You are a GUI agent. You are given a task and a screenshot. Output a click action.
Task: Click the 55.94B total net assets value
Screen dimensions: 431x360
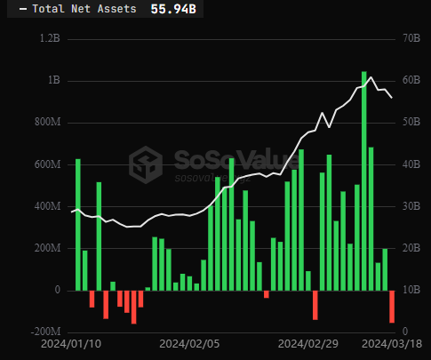[x=173, y=9]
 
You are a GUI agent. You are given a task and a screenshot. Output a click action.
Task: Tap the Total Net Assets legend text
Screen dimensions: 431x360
[x=84, y=9]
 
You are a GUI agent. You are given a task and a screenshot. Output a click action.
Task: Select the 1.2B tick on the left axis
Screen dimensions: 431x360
[x=50, y=38]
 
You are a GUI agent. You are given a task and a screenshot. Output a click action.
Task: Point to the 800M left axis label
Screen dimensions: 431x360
[x=48, y=122]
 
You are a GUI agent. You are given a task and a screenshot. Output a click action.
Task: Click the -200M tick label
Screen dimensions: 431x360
[x=46, y=332]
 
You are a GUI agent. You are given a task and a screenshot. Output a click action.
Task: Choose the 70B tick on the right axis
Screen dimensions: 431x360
[x=411, y=38]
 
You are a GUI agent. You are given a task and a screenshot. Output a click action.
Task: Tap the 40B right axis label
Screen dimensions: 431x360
[x=411, y=164]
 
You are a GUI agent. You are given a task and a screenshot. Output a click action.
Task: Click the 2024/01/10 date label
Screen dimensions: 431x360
[x=71, y=344]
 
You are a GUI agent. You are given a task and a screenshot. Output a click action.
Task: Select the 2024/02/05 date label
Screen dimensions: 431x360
[x=189, y=344]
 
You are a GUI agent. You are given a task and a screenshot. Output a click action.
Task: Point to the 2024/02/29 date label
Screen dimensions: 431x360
[x=308, y=344]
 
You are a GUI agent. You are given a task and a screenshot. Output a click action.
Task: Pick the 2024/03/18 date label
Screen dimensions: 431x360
[x=392, y=344]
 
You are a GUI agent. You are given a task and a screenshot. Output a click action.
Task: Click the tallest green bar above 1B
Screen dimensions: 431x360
[x=364, y=180]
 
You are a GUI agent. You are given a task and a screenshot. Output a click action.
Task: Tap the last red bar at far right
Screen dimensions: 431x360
[x=392, y=307]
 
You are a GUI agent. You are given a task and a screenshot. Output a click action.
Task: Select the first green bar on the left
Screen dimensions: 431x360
[x=78, y=225]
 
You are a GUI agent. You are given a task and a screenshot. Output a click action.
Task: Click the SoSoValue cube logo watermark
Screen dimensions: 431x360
[x=146, y=164]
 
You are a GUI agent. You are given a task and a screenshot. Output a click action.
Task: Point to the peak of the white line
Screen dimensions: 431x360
[x=371, y=77]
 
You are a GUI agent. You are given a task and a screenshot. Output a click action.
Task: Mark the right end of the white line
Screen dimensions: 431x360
[x=392, y=98]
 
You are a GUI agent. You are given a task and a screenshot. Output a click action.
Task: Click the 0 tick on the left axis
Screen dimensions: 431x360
[x=58, y=290]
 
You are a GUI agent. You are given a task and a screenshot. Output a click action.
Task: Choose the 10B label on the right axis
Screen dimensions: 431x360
[x=411, y=290]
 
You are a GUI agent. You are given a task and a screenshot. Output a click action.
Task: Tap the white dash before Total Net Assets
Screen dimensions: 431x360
[x=23, y=10]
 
